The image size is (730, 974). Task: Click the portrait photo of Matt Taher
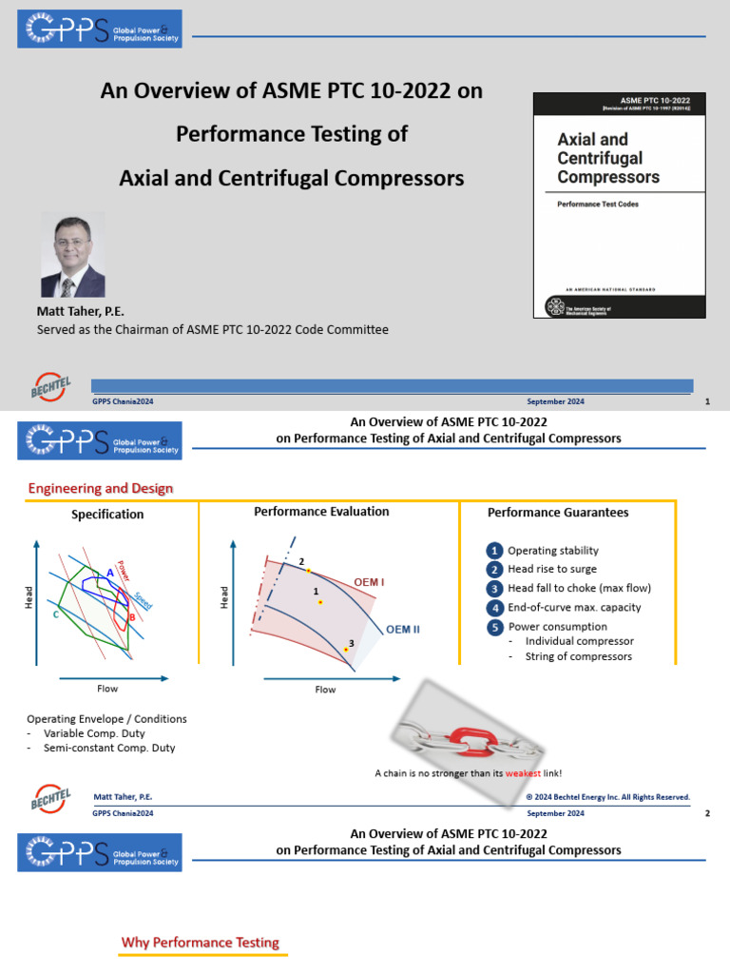73,255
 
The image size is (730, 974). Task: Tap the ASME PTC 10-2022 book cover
619,205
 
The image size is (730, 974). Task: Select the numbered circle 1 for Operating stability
494,551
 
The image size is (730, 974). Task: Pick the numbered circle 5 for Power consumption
494,627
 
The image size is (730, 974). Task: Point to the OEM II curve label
403,629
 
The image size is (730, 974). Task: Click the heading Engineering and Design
100,489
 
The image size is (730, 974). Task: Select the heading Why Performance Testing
200,943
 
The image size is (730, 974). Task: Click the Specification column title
107,515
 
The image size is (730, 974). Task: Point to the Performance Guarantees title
558,512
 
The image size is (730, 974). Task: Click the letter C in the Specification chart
56,615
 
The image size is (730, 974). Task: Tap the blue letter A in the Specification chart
110,573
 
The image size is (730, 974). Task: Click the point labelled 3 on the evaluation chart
347,650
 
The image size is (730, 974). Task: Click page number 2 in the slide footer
706,813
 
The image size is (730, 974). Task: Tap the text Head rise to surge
551,569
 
